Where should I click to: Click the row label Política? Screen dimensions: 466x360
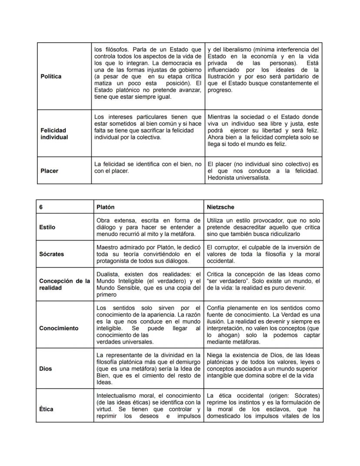(51, 76)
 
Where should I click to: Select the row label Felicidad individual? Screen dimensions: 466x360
(54, 134)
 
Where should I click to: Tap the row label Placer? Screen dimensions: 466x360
(49, 171)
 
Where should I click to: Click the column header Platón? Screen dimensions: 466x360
(105, 207)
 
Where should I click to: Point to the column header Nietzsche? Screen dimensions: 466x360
(220, 207)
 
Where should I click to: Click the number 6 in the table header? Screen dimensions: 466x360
(41, 207)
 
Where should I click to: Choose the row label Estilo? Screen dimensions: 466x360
(47, 227)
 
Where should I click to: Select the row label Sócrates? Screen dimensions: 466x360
(52, 254)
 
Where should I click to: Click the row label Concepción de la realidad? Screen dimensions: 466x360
(64, 284)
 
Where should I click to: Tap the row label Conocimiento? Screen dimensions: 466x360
(59, 328)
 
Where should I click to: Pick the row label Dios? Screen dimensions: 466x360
(45, 369)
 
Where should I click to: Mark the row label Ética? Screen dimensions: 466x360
(46, 409)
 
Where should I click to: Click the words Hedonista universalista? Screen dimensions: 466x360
(239, 178)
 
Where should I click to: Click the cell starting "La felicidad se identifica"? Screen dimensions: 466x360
(148, 168)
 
